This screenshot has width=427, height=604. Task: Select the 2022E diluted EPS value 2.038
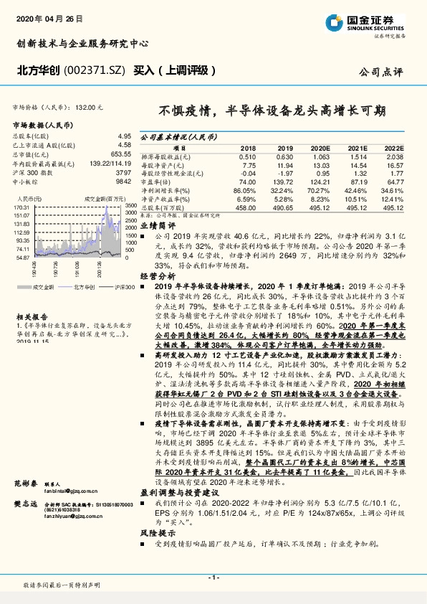[394, 156]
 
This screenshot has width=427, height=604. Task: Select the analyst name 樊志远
[24, 505]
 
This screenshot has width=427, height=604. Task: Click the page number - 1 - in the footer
[213, 577]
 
